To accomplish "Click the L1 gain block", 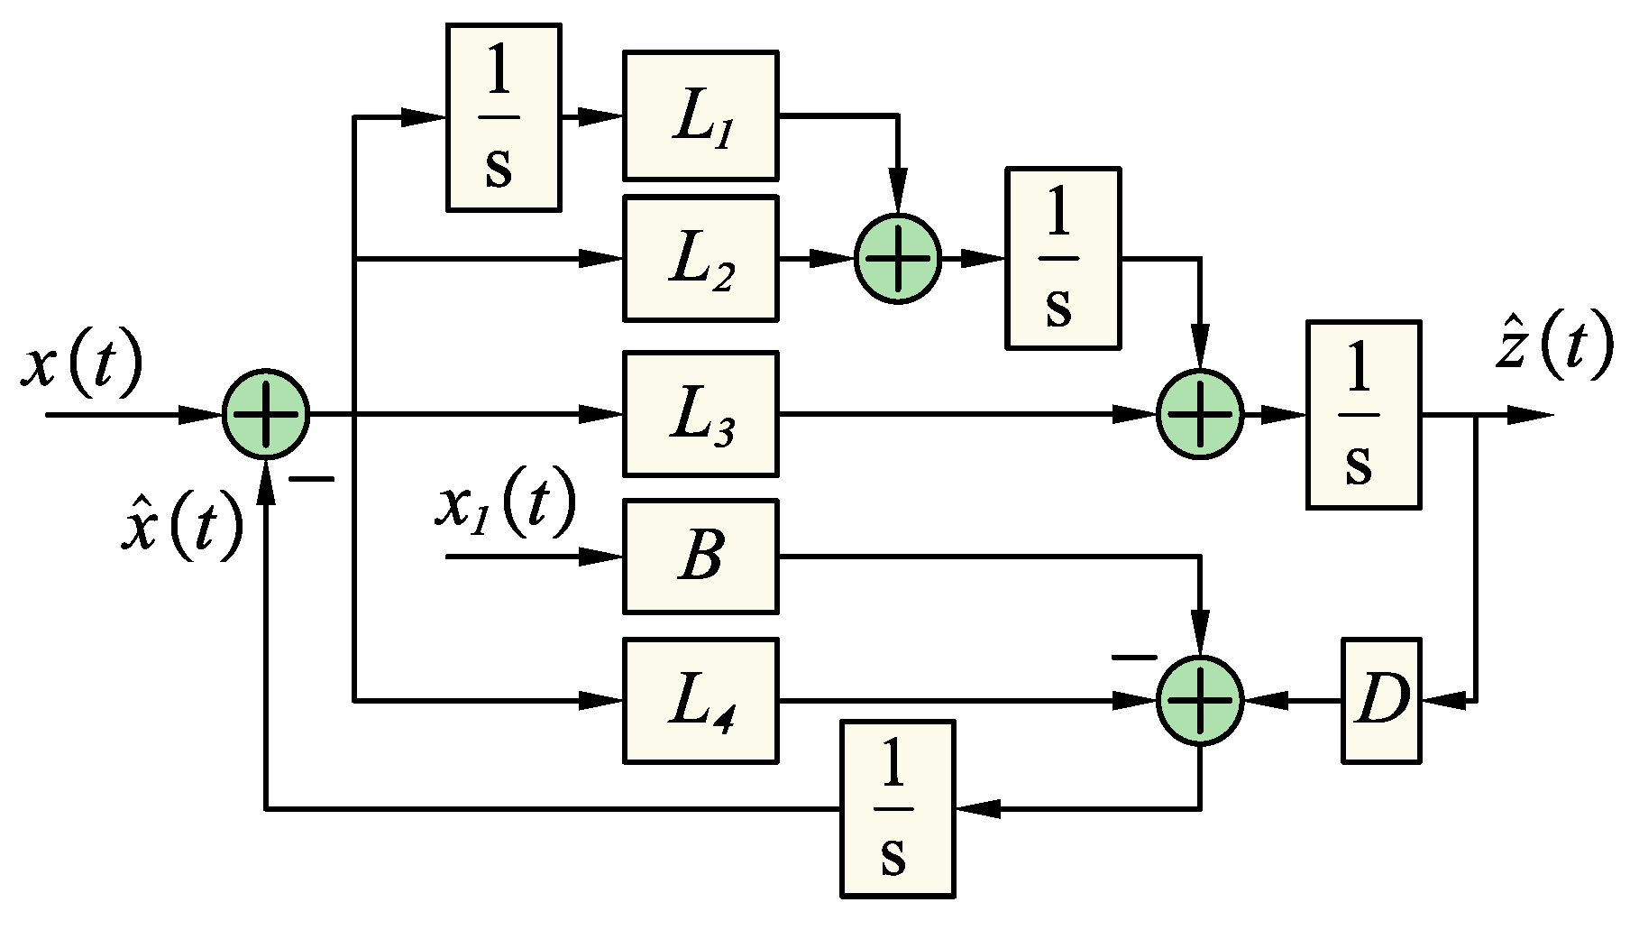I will (700, 115).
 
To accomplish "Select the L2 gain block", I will (700, 259).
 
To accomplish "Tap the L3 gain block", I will (700, 414).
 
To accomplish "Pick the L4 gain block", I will (700, 700).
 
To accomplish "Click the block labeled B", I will (700, 557).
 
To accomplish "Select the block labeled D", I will (1381, 700).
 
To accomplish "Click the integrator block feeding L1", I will (503, 117).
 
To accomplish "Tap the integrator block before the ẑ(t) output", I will (1363, 414).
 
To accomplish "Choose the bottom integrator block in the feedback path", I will (897, 808).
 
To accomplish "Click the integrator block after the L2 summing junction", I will (1063, 258).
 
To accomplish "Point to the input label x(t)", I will (81, 365).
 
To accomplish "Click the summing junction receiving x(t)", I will (266, 414).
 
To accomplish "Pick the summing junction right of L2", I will (898, 259).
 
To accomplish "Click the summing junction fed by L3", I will (1200, 414).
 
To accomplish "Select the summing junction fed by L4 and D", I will (1200, 700).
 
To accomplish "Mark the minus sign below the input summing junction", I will (311, 479).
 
